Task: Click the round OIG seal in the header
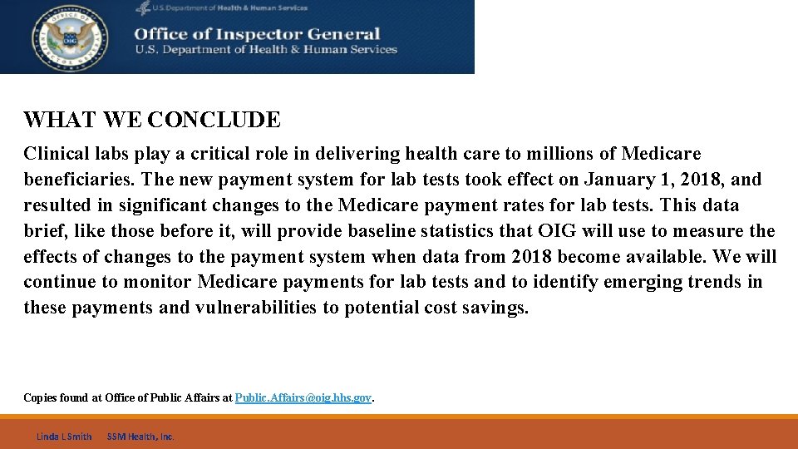pyautogui.click(x=70, y=37)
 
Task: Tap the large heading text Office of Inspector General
pyautogui.click(x=257, y=34)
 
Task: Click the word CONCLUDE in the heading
pyautogui.click(x=214, y=120)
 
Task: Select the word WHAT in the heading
pyautogui.click(x=61, y=120)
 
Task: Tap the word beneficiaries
pyautogui.click(x=78, y=180)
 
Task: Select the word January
pyautogui.click(x=618, y=180)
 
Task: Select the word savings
pyautogui.click(x=495, y=308)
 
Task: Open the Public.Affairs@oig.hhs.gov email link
pyautogui.click(x=303, y=398)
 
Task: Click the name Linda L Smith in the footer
pyautogui.click(x=63, y=437)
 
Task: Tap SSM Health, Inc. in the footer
pyautogui.click(x=140, y=437)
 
